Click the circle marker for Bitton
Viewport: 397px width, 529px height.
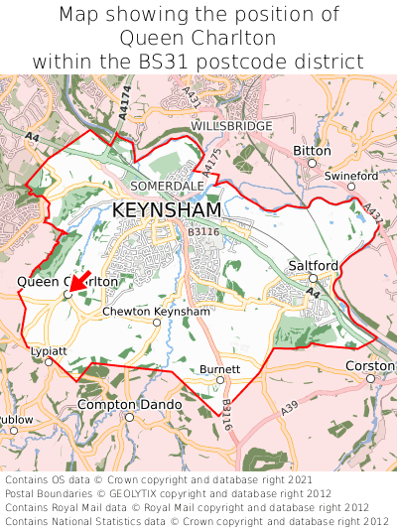pyautogui.click(x=312, y=163)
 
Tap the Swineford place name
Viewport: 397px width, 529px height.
pyautogui.click(x=351, y=177)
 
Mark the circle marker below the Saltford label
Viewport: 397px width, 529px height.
pyautogui.click(x=313, y=279)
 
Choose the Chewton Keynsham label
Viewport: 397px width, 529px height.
pyautogui.click(x=157, y=311)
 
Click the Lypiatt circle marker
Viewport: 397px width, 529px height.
pyautogui.click(x=49, y=362)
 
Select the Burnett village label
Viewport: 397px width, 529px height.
pyautogui.click(x=220, y=368)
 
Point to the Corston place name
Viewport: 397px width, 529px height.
pyautogui.click(x=369, y=366)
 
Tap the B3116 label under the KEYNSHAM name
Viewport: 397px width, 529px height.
pyautogui.click(x=202, y=231)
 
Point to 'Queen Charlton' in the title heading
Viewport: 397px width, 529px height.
pyautogui.click(x=198, y=38)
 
